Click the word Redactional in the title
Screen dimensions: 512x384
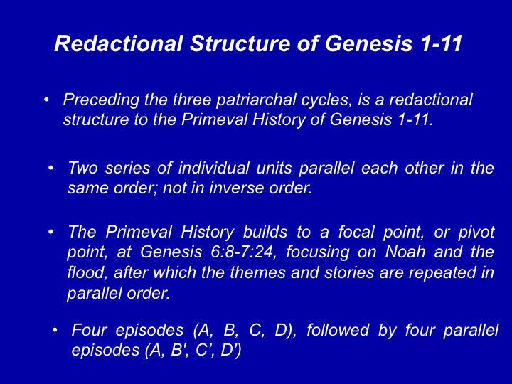click(118, 43)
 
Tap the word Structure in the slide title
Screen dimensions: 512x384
click(240, 43)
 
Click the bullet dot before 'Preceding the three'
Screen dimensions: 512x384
click(46, 100)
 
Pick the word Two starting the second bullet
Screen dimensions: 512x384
click(82, 168)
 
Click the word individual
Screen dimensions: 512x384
click(213, 168)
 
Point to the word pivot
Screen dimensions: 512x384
click(476, 233)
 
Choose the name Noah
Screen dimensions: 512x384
click(405, 252)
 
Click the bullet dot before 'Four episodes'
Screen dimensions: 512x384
click(55, 330)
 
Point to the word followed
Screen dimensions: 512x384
click(338, 330)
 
